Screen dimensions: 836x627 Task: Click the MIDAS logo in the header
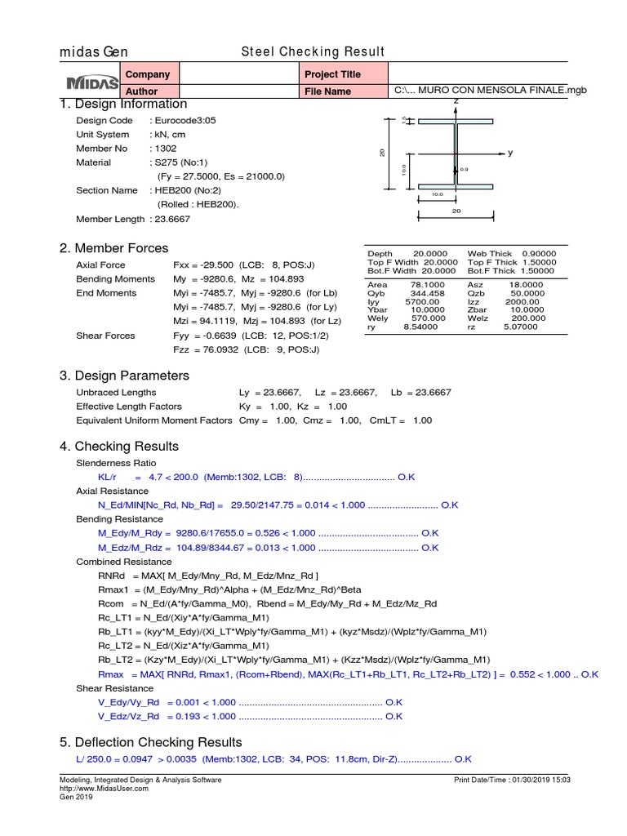pos(90,83)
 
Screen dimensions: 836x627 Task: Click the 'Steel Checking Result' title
pos(312,52)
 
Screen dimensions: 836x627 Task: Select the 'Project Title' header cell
pos(332,74)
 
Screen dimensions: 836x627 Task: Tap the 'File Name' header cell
pos(327,91)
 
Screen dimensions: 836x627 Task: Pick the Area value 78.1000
pos(425,285)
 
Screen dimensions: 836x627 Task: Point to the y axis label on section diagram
pos(510,153)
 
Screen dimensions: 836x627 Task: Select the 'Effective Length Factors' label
pos(129,407)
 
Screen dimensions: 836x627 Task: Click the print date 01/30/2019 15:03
pos(541,780)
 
